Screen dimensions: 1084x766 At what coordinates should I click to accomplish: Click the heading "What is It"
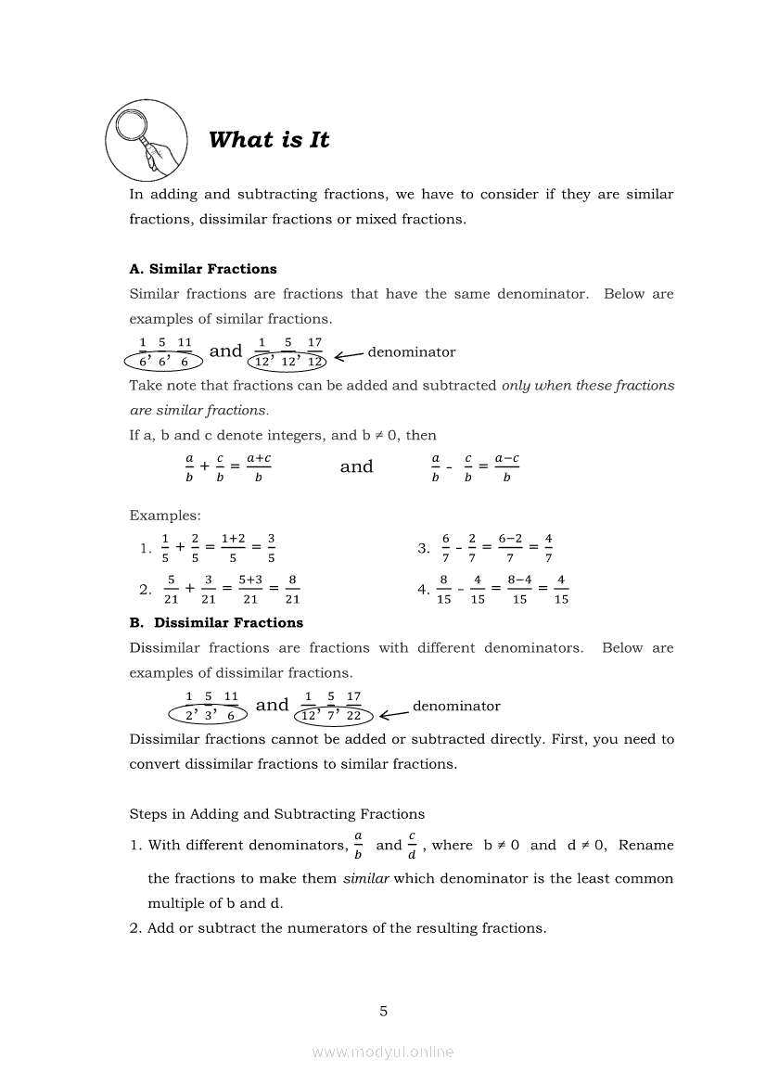tap(269, 140)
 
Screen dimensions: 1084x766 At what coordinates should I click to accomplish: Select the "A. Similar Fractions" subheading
tap(203, 269)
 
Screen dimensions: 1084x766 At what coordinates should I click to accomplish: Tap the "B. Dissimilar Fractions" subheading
tap(216, 622)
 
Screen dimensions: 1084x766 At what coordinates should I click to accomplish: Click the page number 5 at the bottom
tap(383, 1011)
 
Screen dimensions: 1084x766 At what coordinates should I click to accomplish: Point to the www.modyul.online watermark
tap(383, 1052)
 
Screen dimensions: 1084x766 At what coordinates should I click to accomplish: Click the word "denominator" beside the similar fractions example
tap(412, 352)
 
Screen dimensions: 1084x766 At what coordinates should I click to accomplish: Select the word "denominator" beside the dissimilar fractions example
tap(456, 706)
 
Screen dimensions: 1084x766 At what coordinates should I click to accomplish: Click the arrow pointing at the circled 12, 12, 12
tap(349, 355)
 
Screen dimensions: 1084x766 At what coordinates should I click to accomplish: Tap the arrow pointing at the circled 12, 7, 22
tap(394, 713)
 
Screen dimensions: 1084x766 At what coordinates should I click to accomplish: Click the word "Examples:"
tap(165, 515)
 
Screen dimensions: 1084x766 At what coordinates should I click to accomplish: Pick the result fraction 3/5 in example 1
tap(271, 548)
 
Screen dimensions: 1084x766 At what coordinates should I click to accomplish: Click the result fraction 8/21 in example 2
tap(292, 589)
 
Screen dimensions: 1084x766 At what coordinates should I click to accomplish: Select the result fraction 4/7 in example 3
tap(548, 548)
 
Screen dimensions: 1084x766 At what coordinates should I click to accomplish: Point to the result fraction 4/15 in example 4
tap(561, 589)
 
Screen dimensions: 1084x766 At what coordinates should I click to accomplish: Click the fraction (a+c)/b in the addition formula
tap(259, 467)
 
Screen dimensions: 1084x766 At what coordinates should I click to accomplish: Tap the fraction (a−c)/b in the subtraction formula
tap(506, 467)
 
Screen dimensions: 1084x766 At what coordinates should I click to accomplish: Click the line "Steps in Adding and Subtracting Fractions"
tap(277, 814)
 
